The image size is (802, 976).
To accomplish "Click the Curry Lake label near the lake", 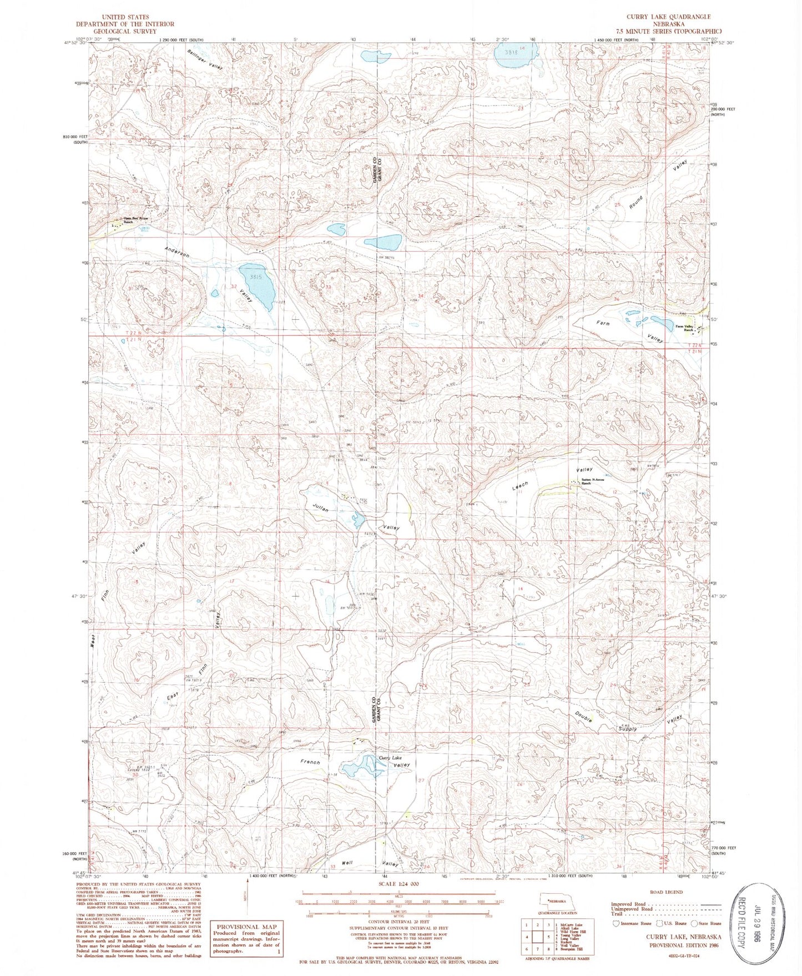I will (x=390, y=757).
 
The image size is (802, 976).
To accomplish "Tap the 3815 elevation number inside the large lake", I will (x=255, y=276).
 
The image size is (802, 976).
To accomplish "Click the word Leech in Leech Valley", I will (x=520, y=486).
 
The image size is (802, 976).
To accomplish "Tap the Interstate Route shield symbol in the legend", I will (x=614, y=923).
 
